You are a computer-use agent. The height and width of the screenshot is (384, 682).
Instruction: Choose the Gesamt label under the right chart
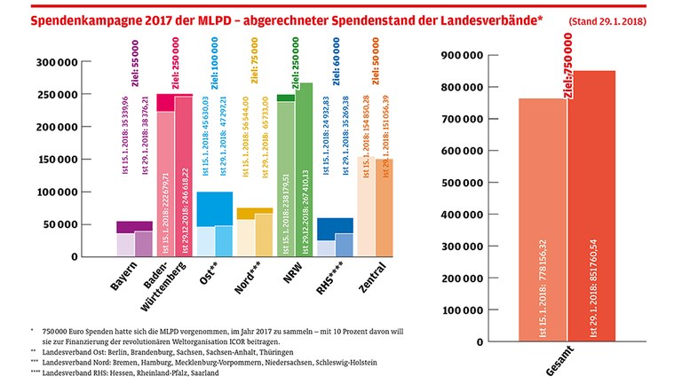pyautogui.click(x=565, y=362)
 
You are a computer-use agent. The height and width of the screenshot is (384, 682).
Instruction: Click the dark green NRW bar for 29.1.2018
pyautogui.click(x=305, y=168)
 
